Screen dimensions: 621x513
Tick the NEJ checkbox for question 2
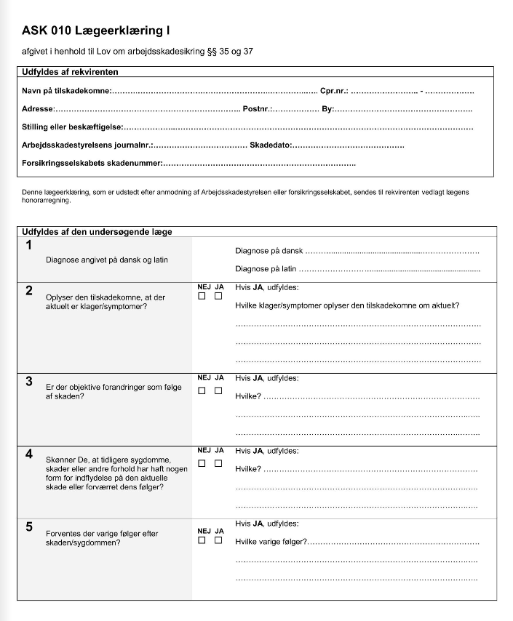202,296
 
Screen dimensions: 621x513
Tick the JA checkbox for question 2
218,296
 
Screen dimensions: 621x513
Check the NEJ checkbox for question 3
202,391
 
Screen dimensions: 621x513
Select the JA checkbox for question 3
218,391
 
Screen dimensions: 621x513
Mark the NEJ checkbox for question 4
202,463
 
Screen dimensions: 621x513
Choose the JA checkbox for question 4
218,463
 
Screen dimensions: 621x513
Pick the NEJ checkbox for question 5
202,540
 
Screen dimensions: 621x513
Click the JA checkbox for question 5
218,540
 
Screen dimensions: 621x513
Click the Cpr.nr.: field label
334,91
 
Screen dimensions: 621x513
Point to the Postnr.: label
258,109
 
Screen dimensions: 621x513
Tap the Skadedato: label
271,145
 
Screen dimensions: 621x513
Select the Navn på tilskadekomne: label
66,91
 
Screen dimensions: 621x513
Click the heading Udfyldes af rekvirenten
70,71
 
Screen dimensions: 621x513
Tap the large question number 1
29,245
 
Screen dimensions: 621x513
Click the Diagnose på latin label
266,269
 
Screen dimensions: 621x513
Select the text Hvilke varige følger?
271,542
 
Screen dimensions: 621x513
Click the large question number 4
29,454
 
